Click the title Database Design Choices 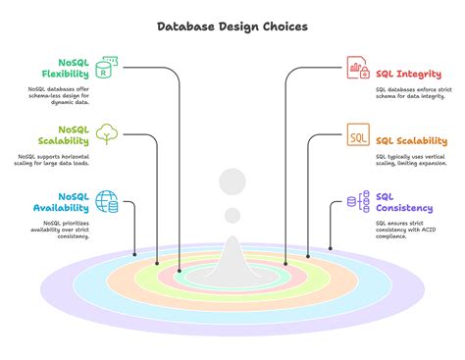(x=232, y=26)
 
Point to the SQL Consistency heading (x=402, y=202)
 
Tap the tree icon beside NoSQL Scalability (x=107, y=134)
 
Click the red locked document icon (x=358, y=71)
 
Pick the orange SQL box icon (x=358, y=137)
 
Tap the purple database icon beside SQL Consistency (x=357, y=202)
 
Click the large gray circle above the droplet (x=232, y=181)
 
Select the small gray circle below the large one (x=232, y=215)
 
